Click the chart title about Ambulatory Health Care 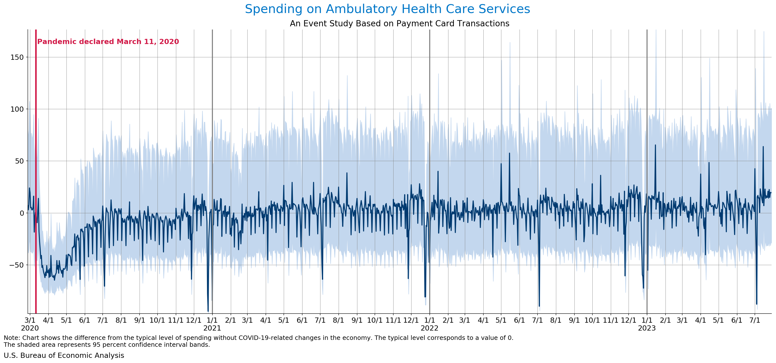[x=387, y=9]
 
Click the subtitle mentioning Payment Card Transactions [x=399, y=23]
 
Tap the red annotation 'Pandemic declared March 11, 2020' [x=108, y=42]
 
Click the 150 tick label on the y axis [x=17, y=57]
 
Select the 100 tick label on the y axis [x=17, y=109]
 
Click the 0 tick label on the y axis [x=22, y=213]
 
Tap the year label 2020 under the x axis [x=30, y=328]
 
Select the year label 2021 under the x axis [x=212, y=328]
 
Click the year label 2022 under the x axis [x=429, y=328]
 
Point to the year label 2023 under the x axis [x=647, y=328]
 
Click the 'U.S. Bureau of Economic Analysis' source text [x=64, y=355]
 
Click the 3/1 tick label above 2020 [x=30, y=320]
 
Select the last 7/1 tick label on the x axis [x=755, y=320]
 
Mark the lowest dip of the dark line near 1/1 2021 [x=208, y=311]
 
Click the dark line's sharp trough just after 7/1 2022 [x=539, y=306]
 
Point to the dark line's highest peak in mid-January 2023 [x=655, y=145]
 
